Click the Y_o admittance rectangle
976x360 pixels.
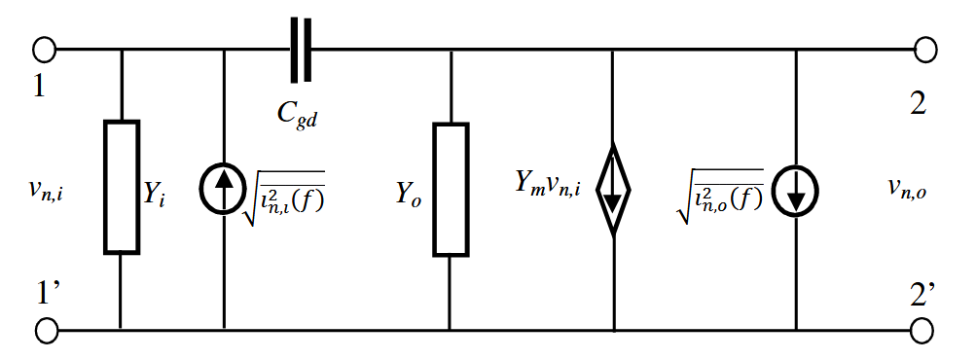click(450, 189)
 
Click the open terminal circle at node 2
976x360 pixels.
click(925, 48)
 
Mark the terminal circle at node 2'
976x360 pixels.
click(925, 331)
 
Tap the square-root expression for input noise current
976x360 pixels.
click(288, 185)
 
